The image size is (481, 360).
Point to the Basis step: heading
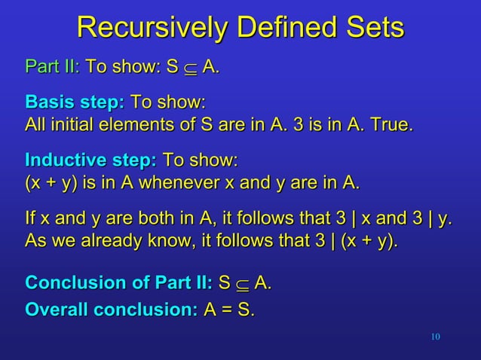coord(75,102)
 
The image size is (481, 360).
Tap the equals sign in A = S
coord(227,310)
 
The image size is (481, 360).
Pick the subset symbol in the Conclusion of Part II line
coord(242,285)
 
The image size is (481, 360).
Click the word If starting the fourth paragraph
coord(30,220)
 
